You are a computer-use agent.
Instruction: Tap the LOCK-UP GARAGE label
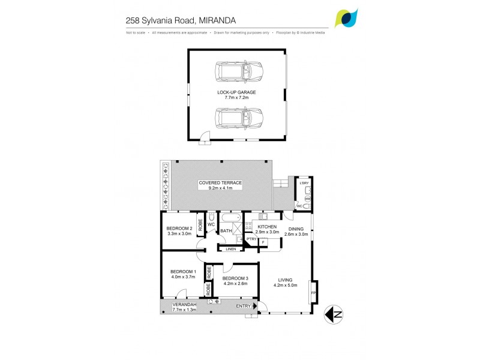pyautogui.click(x=236, y=92)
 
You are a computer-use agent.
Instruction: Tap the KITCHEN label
pyautogui.click(x=267, y=227)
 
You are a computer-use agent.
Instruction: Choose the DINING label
pyautogui.click(x=296, y=229)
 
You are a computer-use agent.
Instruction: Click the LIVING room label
pyautogui.click(x=284, y=278)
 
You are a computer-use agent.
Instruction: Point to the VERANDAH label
pyautogui.click(x=184, y=305)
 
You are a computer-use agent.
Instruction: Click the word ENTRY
pyautogui.click(x=244, y=306)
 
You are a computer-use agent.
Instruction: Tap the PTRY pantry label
pyautogui.click(x=252, y=239)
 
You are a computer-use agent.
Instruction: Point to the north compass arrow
pyautogui.click(x=334, y=313)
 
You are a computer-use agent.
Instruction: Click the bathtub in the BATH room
pyautogui.click(x=231, y=218)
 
